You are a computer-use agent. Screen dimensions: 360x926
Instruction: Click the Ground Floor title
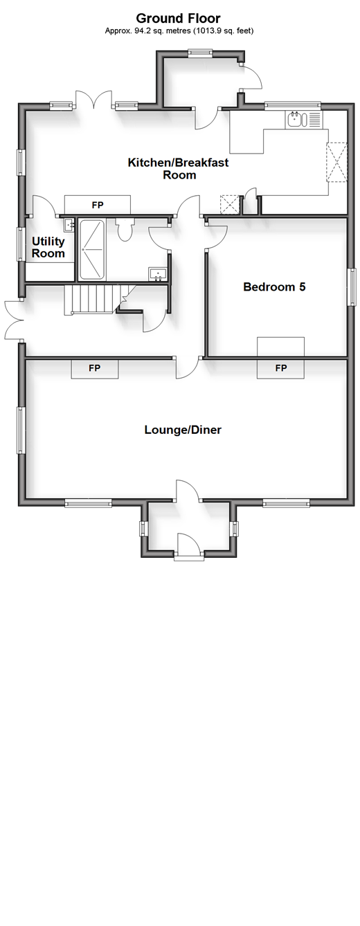coord(178,18)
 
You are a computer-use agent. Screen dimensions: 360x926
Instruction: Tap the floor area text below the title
coord(179,30)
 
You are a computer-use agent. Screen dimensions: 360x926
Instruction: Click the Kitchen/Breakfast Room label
coord(178,168)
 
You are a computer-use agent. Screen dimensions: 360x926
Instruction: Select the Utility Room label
coord(48,247)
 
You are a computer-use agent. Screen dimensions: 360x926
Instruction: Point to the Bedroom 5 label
coord(274,287)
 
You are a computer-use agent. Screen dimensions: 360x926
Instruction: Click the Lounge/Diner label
coord(183,430)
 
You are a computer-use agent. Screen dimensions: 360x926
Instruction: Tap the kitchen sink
coord(296,120)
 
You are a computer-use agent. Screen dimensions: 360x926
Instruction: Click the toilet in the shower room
coord(125,228)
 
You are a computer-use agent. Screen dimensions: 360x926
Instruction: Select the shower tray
coord(93,249)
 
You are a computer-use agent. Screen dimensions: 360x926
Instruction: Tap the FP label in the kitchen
coord(98,205)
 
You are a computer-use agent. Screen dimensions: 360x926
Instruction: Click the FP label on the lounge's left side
coord(95,368)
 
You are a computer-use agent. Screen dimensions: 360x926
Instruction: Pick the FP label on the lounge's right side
coord(281,368)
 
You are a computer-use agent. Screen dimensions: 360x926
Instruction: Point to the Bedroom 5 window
coord(352,287)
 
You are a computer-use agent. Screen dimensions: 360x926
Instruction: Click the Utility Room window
coord(21,244)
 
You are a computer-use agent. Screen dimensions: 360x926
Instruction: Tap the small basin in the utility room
coord(69,226)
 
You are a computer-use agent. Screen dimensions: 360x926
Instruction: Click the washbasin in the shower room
coord(158,273)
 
